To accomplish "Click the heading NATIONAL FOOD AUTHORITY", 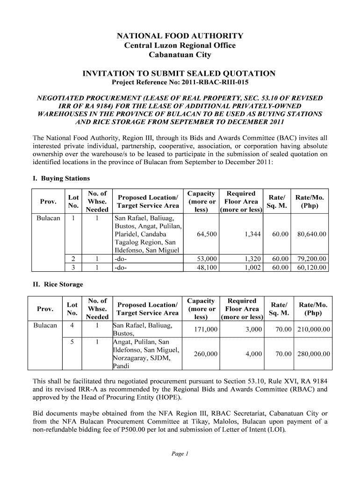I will click(x=180, y=36).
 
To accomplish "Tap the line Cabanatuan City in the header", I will click(x=180, y=55).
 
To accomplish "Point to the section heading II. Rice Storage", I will click(x=57, y=284).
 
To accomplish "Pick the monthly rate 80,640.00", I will click(x=310, y=234).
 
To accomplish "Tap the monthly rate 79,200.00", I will click(x=310, y=259).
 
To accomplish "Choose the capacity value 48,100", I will click(x=206, y=268).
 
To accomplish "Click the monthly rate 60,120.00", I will click(x=310, y=268).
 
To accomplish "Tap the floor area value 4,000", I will click(x=253, y=354).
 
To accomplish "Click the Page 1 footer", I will click(x=180, y=453).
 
